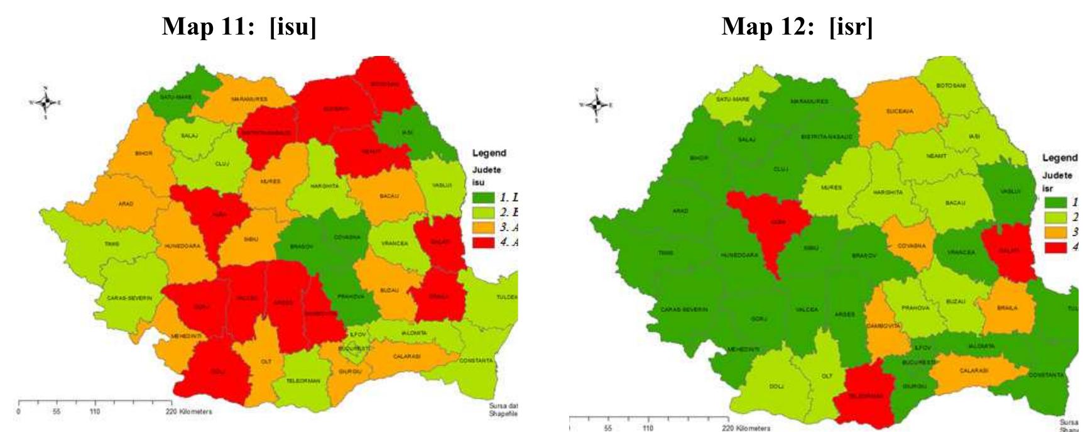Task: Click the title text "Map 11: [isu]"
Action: (239, 27)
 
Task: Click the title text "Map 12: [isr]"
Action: (797, 27)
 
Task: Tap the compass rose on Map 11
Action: (45, 102)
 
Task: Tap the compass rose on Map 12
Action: (596, 104)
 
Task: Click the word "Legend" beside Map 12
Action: (1060, 158)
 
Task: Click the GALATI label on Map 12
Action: (1009, 251)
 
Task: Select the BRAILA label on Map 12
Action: (1006, 307)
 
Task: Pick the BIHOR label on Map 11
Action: (143, 153)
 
